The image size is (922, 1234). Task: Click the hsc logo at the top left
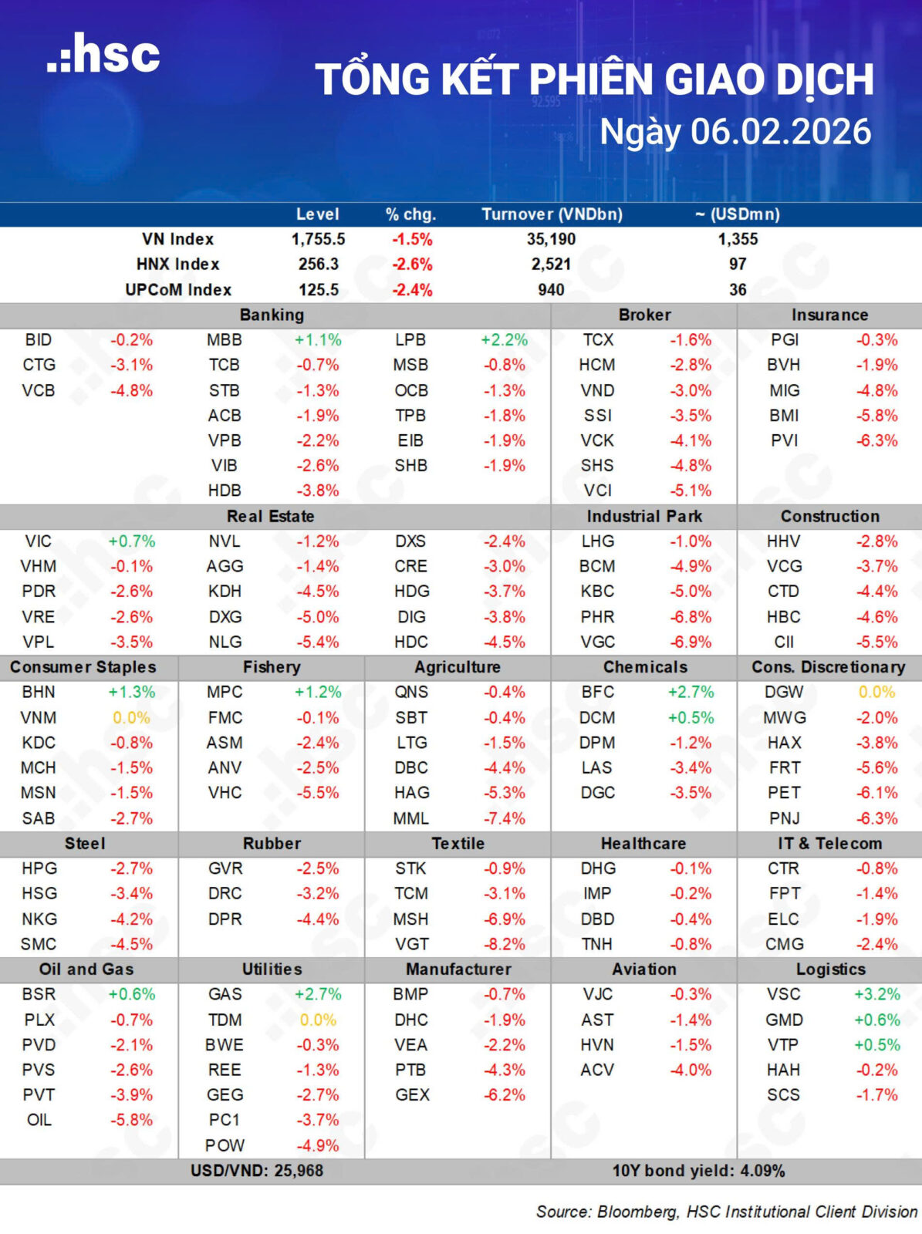click(x=103, y=54)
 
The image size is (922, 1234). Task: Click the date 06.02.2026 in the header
click(x=781, y=132)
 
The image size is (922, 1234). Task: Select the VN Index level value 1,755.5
click(x=318, y=239)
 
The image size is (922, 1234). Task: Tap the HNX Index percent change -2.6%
click(x=412, y=265)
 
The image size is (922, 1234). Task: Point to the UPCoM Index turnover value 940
click(x=551, y=290)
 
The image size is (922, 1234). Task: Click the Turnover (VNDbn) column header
click(x=552, y=214)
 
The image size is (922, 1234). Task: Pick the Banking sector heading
click(x=272, y=315)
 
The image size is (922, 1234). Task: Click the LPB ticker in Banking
click(x=410, y=340)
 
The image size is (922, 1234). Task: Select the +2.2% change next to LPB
click(x=504, y=340)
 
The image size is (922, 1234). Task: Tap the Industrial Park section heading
click(x=644, y=516)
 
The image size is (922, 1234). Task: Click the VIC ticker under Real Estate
click(x=39, y=541)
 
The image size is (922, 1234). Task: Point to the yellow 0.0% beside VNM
click(x=131, y=718)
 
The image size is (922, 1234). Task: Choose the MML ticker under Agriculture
click(x=410, y=818)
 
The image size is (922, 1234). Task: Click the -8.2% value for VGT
click(x=504, y=944)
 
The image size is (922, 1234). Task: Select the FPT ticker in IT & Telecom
click(x=784, y=894)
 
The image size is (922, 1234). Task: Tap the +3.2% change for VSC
click(x=877, y=994)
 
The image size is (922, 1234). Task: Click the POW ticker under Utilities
click(x=225, y=1145)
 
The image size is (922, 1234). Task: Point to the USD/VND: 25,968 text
click(x=257, y=1171)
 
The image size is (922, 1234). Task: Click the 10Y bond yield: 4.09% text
click(x=698, y=1171)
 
